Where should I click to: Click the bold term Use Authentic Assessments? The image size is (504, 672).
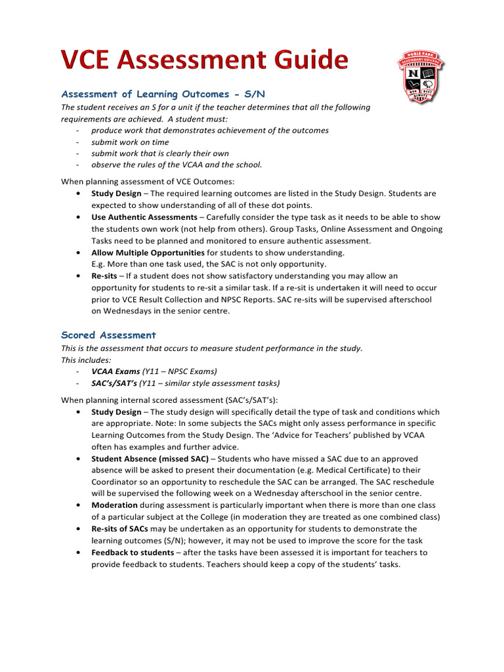point(144,217)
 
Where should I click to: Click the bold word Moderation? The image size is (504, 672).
point(114,505)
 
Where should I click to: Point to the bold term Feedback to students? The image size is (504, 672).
point(133,553)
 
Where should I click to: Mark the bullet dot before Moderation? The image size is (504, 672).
point(79,505)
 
